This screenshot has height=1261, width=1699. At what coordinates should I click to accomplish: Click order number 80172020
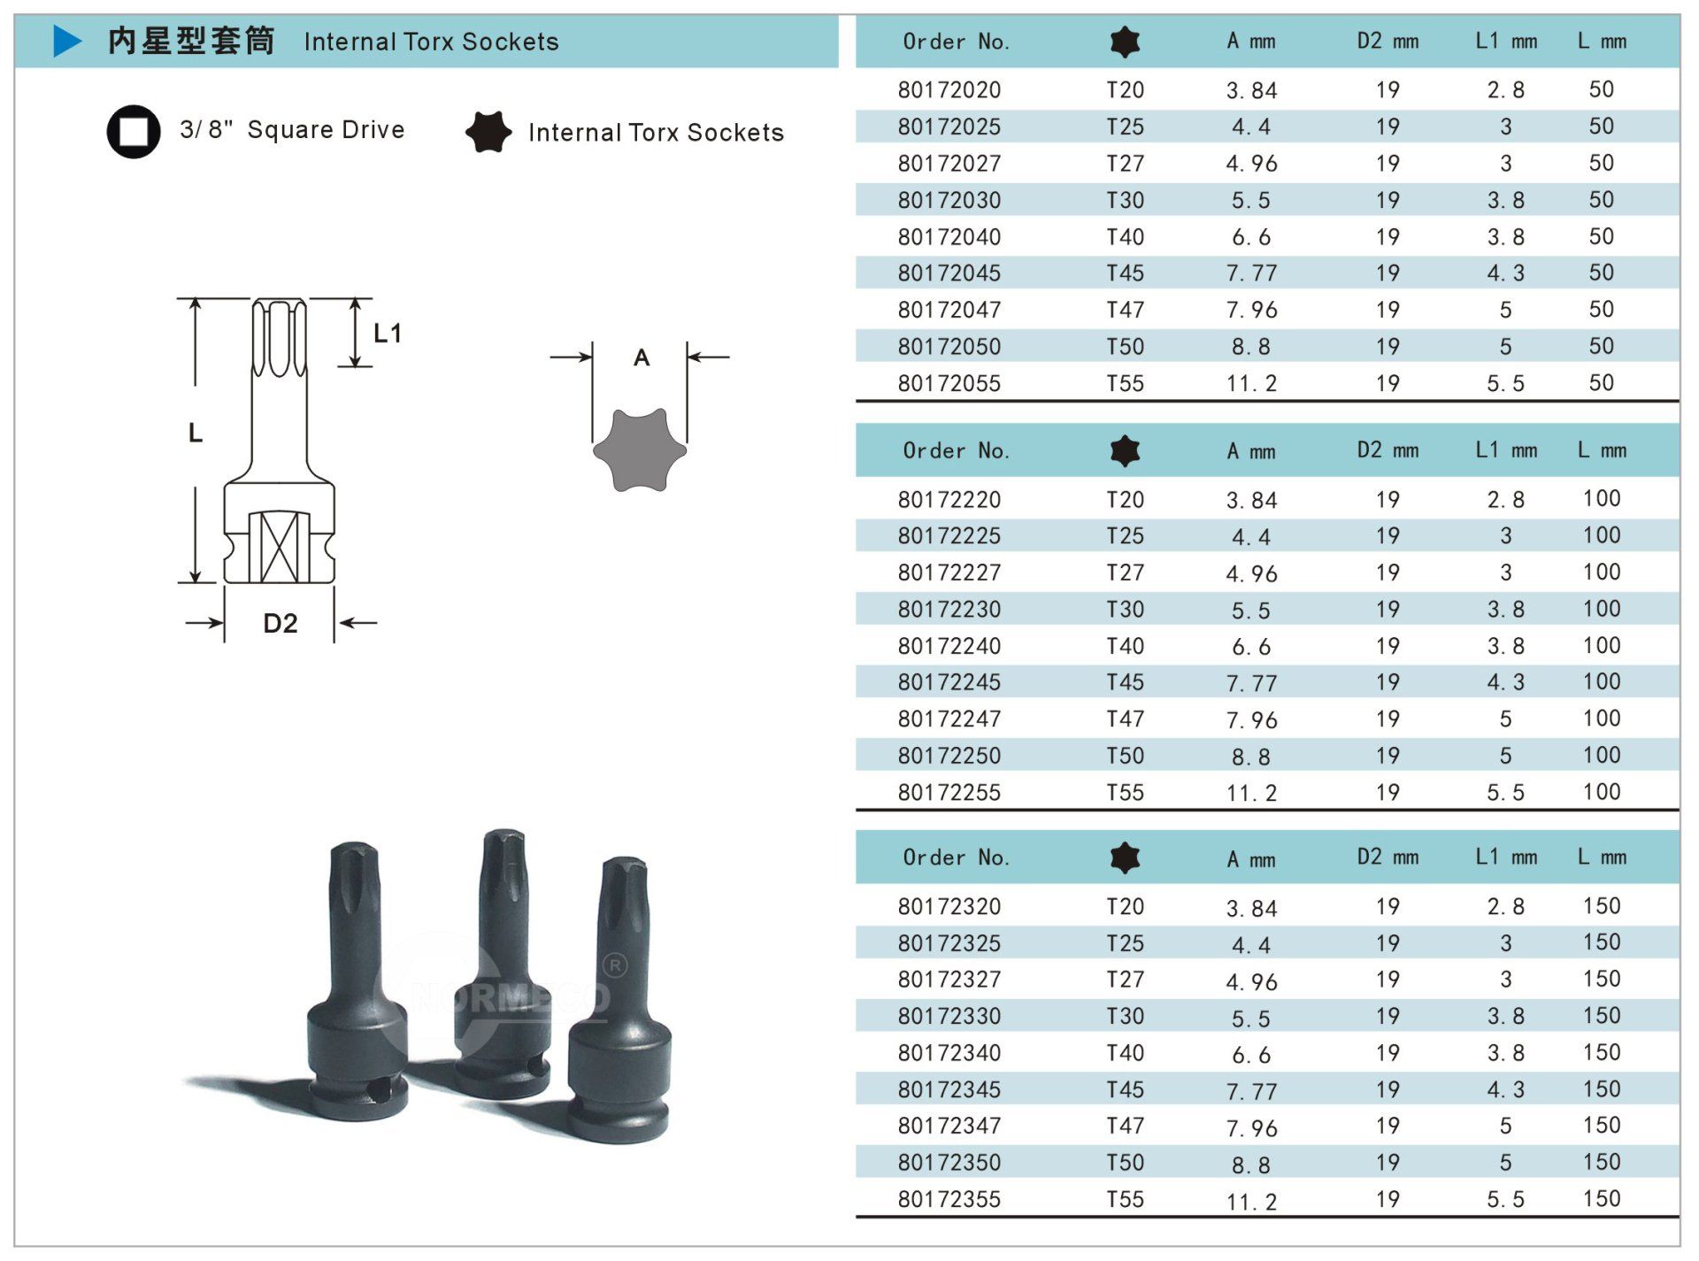[949, 90]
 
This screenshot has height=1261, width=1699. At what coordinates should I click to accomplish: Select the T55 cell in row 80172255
[1125, 792]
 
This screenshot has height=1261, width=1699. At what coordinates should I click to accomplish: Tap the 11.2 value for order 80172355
[1251, 1201]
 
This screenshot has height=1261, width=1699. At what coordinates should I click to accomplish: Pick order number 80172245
[949, 682]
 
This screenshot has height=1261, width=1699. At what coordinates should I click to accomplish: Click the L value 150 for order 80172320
[1602, 906]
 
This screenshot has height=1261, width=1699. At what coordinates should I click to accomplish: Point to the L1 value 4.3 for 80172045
[1505, 273]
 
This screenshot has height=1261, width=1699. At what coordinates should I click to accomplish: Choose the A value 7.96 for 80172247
[1251, 719]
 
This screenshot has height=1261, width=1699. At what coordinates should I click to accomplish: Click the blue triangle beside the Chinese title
[67, 41]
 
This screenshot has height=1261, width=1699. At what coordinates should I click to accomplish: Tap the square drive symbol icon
[134, 132]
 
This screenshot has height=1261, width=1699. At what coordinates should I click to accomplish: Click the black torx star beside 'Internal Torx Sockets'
[488, 132]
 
